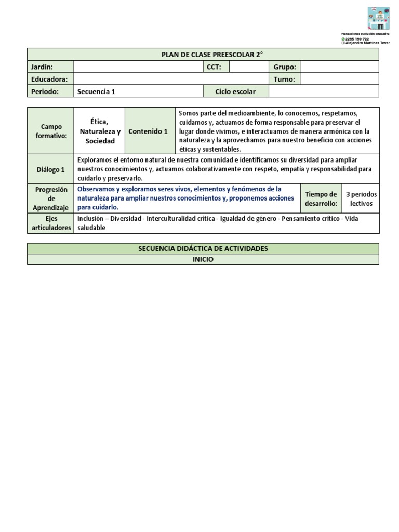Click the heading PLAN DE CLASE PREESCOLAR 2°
(203, 55)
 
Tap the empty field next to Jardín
(138, 67)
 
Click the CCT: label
(214, 67)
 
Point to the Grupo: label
(284, 67)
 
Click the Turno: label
(284, 79)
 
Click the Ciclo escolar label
(235, 91)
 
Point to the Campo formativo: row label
(51, 131)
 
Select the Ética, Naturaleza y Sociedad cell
(100, 131)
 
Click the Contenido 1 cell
(148, 131)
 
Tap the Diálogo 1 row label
(51, 169)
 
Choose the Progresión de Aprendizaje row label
(51, 198)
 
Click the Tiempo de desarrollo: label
(321, 199)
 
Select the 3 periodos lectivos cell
(361, 199)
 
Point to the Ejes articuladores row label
(51, 223)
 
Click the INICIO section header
(203, 259)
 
